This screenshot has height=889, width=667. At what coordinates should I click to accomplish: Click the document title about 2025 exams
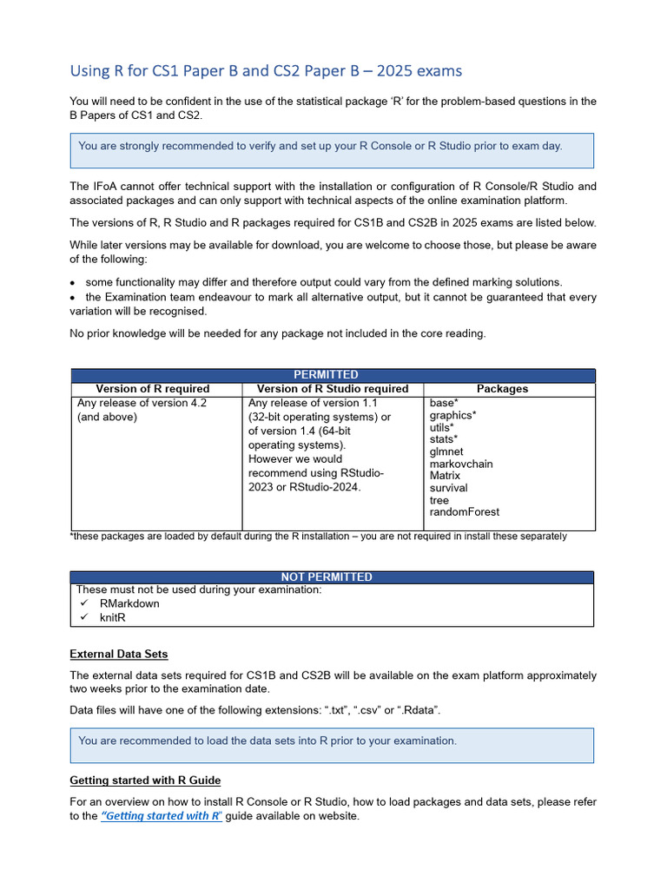tap(266, 70)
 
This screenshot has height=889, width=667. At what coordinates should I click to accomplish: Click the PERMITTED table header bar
tap(333, 375)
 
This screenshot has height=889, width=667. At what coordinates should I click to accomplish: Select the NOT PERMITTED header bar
tap(333, 576)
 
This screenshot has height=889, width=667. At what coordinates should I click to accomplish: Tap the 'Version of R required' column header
tap(153, 389)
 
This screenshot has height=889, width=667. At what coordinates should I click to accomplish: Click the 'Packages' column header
tap(502, 389)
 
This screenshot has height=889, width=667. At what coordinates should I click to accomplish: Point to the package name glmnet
tap(446, 451)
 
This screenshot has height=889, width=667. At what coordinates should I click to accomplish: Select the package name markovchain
tap(461, 464)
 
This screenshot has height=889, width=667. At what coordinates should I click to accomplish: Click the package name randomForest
tap(465, 512)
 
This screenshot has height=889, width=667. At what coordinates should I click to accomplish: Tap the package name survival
tap(448, 488)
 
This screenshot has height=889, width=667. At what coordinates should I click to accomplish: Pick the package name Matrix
tap(445, 476)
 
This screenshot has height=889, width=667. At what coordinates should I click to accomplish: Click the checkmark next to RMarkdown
tap(84, 603)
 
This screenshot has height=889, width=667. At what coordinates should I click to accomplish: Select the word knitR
tap(117, 617)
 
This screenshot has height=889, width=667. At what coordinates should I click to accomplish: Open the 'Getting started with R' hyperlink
tap(162, 816)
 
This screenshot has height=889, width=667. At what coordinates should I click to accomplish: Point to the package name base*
tap(444, 403)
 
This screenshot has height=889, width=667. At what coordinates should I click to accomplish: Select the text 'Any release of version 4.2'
tap(142, 403)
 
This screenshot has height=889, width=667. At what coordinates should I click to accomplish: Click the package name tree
tap(439, 500)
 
